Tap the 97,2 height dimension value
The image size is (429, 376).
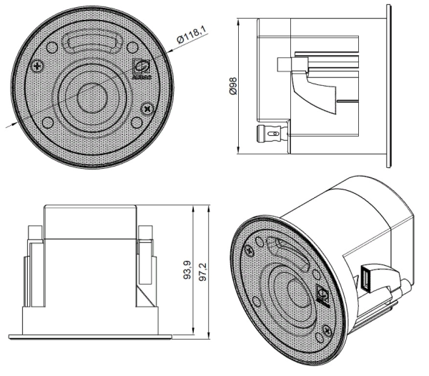pos(204,272)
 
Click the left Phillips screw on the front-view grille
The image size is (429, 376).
pos(38,66)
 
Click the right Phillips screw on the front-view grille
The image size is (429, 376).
pos(148,109)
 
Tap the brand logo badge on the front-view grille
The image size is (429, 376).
pos(142,67)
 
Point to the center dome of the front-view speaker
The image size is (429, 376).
pos(92,97)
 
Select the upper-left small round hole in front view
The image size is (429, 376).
pos(52,47)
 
